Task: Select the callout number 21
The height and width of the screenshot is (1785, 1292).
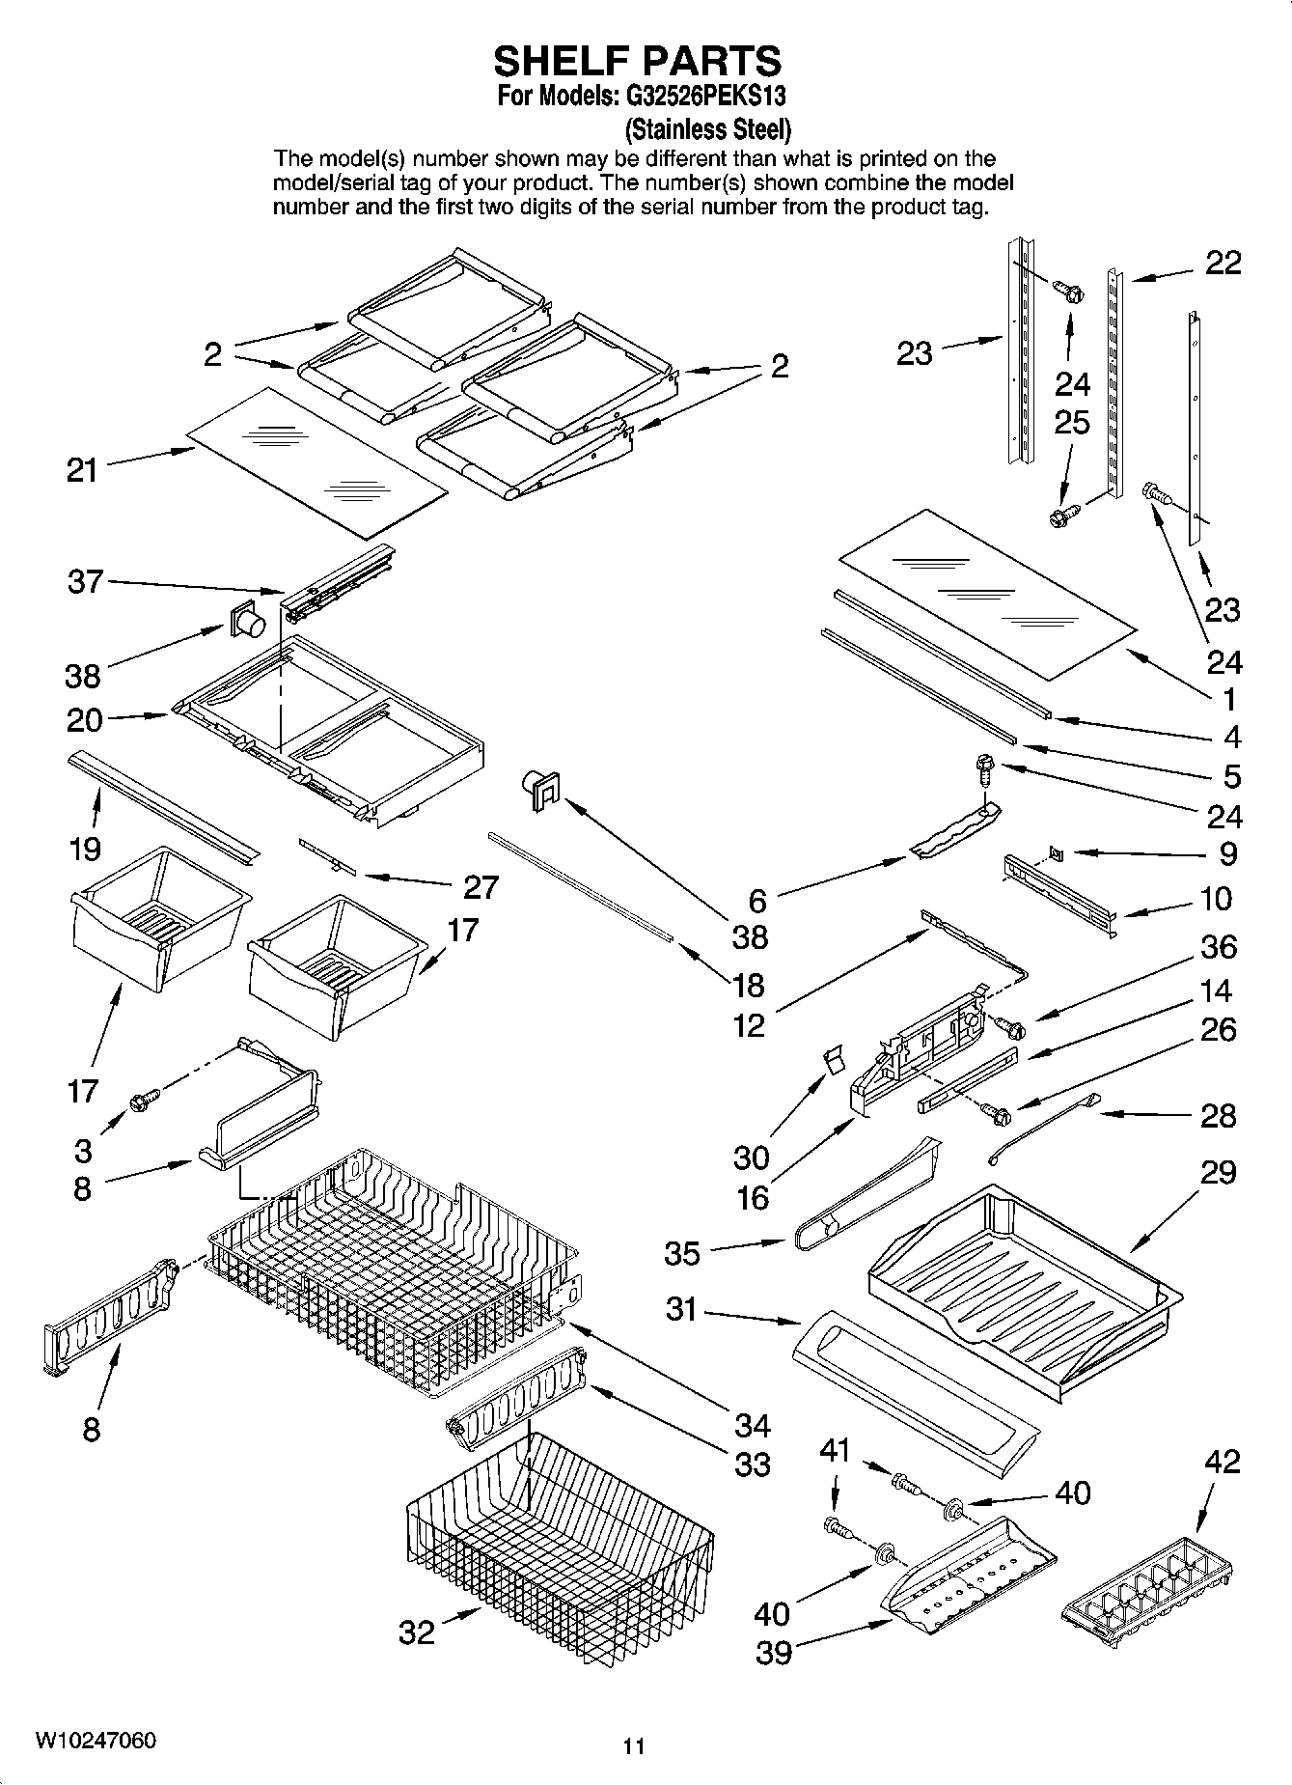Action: [x=82, y=470]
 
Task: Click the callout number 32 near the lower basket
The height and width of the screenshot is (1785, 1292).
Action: [x=417, y=1632]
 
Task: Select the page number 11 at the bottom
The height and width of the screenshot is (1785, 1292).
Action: [x=633, y=1745]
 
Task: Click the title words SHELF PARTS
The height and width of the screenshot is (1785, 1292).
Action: [x=637, y=61]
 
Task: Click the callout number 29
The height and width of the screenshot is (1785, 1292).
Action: [x=1219, y=1172]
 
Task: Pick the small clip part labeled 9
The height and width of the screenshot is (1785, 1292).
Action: [x=1057, y=852]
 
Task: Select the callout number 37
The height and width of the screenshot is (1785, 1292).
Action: [x=85, y=581]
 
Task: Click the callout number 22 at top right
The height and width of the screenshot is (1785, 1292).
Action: [x=1223, y=263]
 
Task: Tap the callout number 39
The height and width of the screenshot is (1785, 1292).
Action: [x=773, y=1652]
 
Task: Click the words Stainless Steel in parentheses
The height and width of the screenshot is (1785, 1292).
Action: [x=708, y=128]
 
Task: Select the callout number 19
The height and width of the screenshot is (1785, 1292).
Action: [x=85, y=849]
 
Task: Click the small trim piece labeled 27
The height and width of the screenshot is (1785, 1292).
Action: [x=327, y=856]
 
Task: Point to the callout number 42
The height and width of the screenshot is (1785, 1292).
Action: [x=1222, y=1462]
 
